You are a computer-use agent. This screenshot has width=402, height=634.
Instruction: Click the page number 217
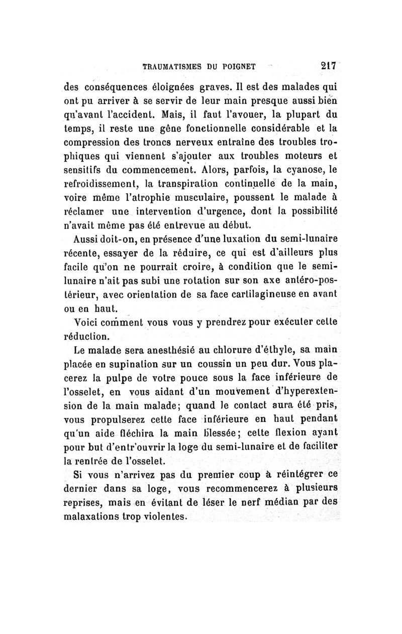point(329,65)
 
